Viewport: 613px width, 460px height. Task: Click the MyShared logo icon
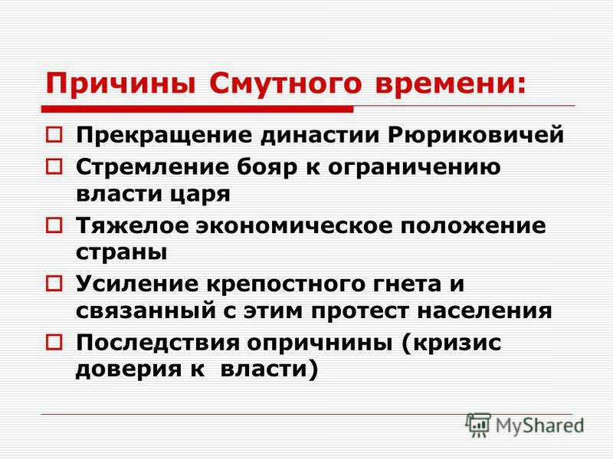point(478,425)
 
